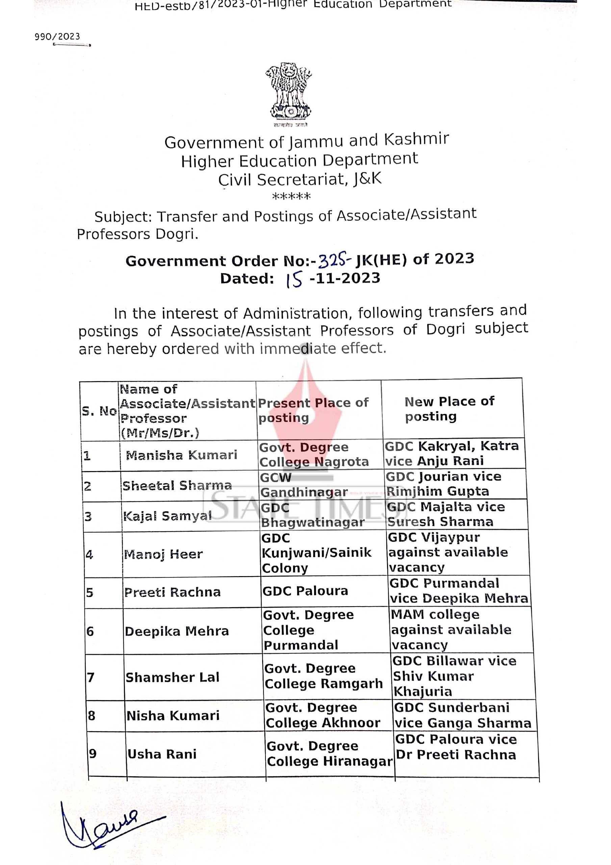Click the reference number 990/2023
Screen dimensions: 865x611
[57, 36]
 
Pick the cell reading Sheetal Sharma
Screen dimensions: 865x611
[177, 486]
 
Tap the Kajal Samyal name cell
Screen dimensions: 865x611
[167, 516]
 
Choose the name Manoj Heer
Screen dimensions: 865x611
[163, 554]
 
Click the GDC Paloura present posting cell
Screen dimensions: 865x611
[305, 591]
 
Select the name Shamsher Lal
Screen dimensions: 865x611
[172, 677]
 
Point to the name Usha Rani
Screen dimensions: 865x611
[162, 754]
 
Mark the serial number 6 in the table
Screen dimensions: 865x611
[90, 632]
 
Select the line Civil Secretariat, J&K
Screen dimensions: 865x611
[300, 179]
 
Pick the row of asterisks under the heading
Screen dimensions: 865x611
[291, 197]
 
